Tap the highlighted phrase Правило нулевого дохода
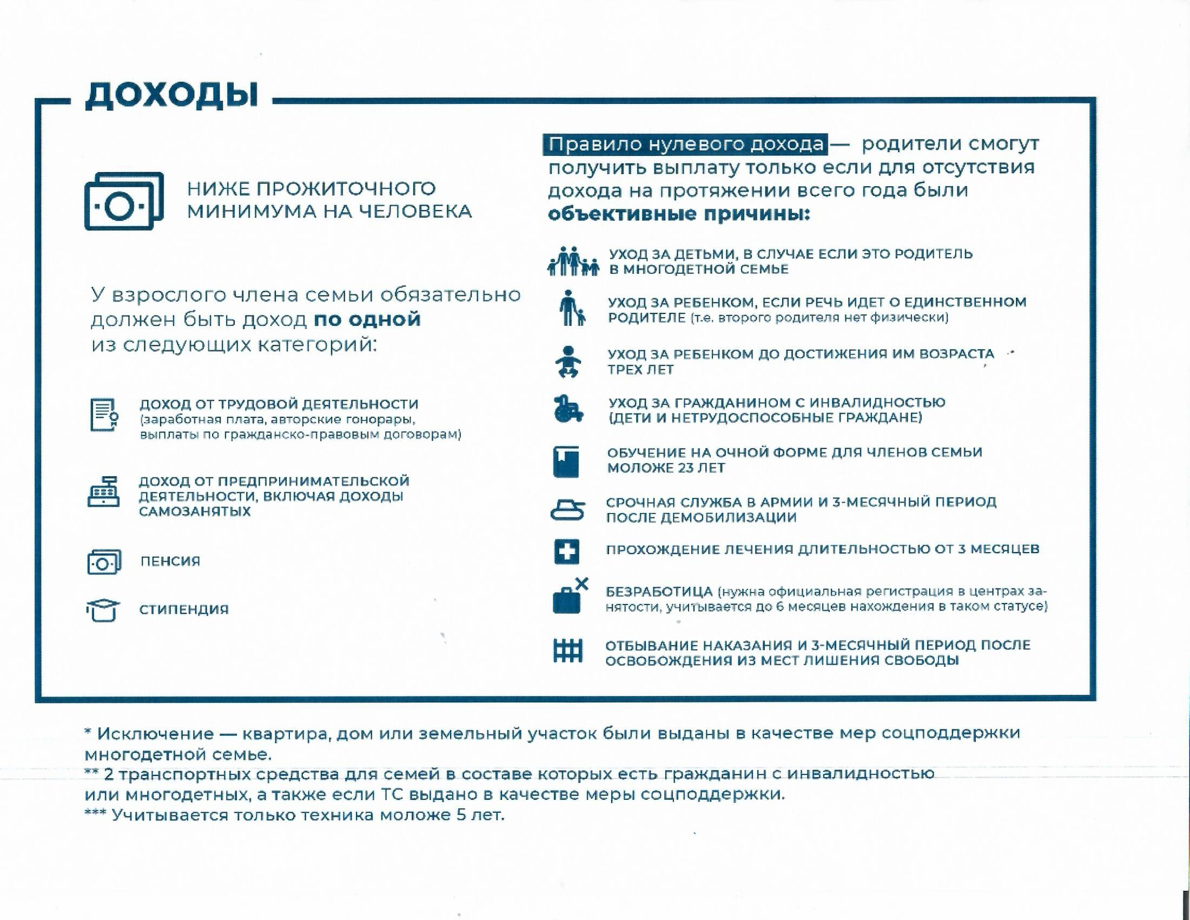685,144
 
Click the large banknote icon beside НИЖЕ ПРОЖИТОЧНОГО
124,201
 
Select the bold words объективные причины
679,214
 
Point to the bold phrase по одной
367,319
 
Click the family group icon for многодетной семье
573,261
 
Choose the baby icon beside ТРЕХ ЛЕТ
568,362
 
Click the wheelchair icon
568,409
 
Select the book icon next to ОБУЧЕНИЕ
566,461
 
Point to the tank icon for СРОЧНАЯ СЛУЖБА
567,510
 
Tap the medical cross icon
567,551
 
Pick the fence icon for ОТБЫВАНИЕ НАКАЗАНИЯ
568,650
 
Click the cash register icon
103,492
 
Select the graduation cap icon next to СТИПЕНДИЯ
103,610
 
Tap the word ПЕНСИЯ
170,561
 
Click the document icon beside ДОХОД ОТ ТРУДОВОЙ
103,415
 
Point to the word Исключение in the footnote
155,734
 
